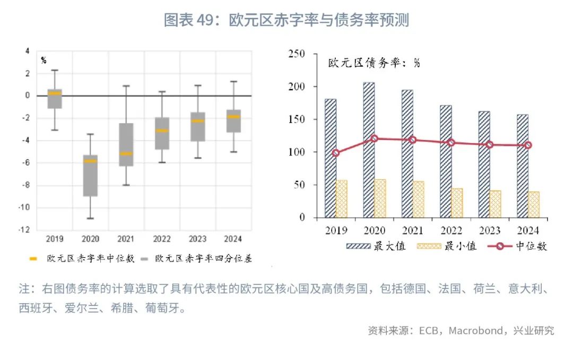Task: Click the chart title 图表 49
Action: pos(286,20)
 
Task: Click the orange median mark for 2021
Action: pos(126,154)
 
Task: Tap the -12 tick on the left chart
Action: pos(24,230)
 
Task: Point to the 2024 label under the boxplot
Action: pos(233,239)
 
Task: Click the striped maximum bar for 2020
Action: pos(369,150)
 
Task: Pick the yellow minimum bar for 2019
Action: pos(342,199)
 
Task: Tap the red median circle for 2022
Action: pos(452,143)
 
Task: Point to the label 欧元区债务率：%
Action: pos(374,63)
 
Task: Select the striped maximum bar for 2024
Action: pos(523,166)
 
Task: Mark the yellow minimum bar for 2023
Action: pos(495,204)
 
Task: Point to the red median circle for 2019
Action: pos(335,153)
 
